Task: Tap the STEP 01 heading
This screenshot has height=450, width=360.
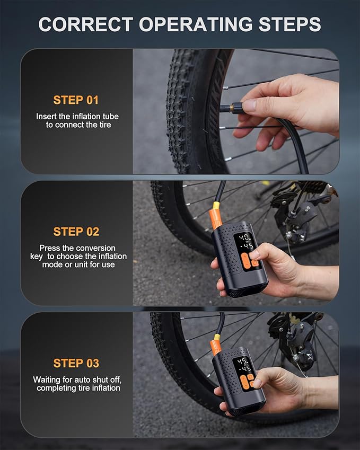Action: pyautogui.click(x=76, y=100)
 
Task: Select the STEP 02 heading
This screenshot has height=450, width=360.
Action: pyautogui.click(x=76, y=232)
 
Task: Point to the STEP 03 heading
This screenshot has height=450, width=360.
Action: pyautogui.click(x=76, y=363)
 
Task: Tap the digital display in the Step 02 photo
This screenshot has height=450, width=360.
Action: pyautogui.click(x=245, y=242)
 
